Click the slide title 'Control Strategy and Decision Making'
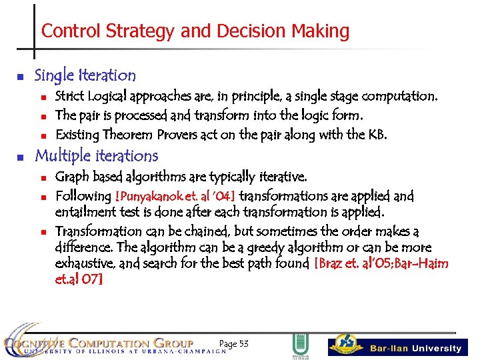(195, 31)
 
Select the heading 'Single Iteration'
(85, 75)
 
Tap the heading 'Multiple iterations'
(96, 156)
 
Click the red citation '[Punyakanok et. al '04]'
(175, 197)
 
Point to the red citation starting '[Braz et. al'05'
(381, 264)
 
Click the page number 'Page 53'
(233, 343)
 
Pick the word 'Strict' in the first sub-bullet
(68, 96)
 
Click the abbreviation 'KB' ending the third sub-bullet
(377, 135)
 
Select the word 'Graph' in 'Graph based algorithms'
(70, 177)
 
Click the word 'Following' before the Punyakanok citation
(83, 197)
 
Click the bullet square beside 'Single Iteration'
(20, 77)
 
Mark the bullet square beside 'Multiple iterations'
(20, 157)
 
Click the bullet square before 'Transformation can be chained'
(41, 233)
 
